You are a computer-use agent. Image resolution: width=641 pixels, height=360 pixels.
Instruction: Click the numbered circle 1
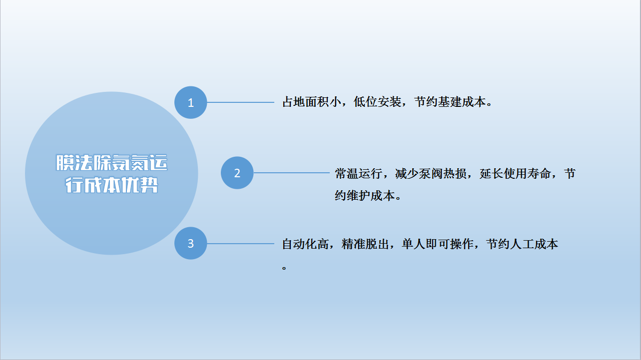190,102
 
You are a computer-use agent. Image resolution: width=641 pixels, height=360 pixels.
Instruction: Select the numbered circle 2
237,173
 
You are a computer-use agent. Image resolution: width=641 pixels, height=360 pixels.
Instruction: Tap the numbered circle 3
190,243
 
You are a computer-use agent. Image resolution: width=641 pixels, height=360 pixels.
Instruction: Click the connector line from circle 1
240,102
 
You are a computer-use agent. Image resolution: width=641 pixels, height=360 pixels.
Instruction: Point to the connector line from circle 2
291,173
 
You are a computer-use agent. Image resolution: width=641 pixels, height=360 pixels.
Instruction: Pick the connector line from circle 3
240,244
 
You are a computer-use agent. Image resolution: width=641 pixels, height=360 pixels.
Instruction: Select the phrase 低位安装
377,102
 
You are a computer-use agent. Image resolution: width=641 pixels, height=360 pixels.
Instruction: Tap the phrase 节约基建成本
450,102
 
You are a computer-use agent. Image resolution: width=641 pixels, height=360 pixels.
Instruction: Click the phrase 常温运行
358,174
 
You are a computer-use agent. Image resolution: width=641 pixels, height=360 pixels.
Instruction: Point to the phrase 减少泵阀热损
431,174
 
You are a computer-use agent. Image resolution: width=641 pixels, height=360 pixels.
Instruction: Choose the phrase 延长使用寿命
515,174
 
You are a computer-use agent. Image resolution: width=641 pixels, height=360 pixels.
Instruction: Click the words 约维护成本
365,196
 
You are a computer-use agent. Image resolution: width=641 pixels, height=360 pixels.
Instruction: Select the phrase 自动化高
305,244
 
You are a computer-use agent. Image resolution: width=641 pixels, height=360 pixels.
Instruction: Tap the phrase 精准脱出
365,244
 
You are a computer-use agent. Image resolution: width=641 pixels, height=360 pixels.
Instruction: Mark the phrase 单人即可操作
437,244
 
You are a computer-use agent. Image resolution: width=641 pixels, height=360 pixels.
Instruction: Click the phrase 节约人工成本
522,244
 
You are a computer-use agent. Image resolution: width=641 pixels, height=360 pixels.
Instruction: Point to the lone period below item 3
284,268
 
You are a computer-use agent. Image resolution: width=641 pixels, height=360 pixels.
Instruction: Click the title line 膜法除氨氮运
111,163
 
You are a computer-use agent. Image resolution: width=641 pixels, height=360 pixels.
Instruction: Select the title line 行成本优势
111,185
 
